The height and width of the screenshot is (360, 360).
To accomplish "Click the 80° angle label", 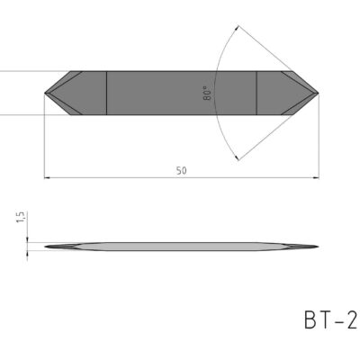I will tap(208, 94).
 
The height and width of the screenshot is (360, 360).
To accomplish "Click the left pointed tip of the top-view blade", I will tap(46, 92).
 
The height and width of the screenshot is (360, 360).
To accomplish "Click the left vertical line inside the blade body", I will tap(107, 92).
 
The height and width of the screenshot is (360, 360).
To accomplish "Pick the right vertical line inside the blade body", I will tap(257, 92).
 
